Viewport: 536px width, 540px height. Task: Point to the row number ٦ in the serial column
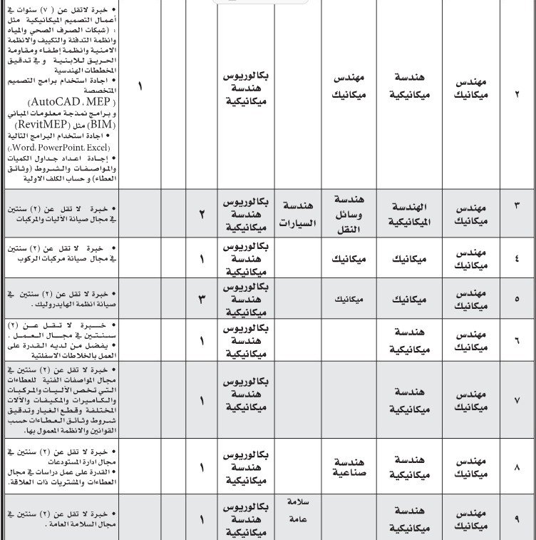click(517, 340)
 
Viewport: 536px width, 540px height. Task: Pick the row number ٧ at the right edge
click(517, 400)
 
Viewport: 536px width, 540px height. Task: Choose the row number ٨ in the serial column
click(517, 467)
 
